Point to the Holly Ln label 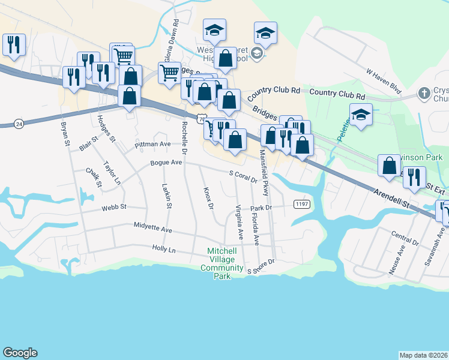(163, 248)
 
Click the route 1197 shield (302, 205)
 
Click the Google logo (20, 353)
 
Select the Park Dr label (262, 208)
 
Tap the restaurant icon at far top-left (13, 44)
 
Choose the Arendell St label (391, 197)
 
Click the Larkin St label (167, 197)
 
